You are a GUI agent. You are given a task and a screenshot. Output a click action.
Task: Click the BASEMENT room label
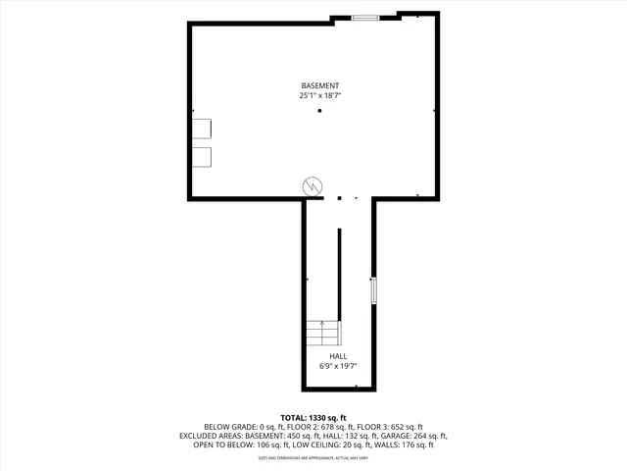[319, 85]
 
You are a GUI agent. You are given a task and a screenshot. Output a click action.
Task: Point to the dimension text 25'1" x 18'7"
[319, 96]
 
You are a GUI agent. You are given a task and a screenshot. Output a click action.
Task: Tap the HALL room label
[338, 356]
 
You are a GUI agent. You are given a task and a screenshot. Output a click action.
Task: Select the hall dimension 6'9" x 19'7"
[338, 366]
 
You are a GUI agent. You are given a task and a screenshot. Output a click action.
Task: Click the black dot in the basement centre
[319, 111]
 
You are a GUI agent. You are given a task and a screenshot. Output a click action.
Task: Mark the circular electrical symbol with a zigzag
[313, 184]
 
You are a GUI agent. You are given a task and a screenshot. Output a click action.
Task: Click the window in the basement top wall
[365, 17]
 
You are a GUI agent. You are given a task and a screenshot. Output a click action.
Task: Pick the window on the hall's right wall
[372, 291]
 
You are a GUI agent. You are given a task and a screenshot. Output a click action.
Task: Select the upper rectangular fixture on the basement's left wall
[202, 131]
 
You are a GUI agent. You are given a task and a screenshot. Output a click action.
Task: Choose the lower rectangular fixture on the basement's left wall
[202, 157]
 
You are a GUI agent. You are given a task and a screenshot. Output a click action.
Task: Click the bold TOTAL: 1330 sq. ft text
[313, 418]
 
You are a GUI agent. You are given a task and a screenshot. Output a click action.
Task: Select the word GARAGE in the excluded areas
[376, 436]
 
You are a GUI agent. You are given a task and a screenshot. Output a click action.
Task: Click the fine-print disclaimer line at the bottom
[313, 457]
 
